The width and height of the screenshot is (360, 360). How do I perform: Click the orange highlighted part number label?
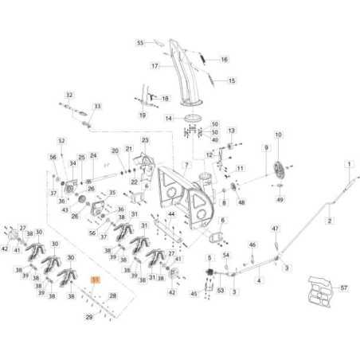[96, 281]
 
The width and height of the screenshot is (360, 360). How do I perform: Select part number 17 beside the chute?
[156, 65]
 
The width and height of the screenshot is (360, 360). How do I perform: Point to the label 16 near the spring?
[224, 59]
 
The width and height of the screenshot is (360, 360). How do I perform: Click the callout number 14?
[168, 118]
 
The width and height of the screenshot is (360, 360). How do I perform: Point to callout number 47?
[276, 229]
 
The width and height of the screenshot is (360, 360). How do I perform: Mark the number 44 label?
[171, 215]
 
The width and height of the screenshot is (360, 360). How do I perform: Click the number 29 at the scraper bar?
[89, 317]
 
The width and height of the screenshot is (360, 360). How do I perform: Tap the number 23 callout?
[145, 140]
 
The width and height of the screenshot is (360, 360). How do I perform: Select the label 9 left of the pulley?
[266, 147]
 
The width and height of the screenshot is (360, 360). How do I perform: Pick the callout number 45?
[194, 294]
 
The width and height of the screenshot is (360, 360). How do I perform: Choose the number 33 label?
[97, 106]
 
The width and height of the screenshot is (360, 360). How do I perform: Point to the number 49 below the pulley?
[280, 199]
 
